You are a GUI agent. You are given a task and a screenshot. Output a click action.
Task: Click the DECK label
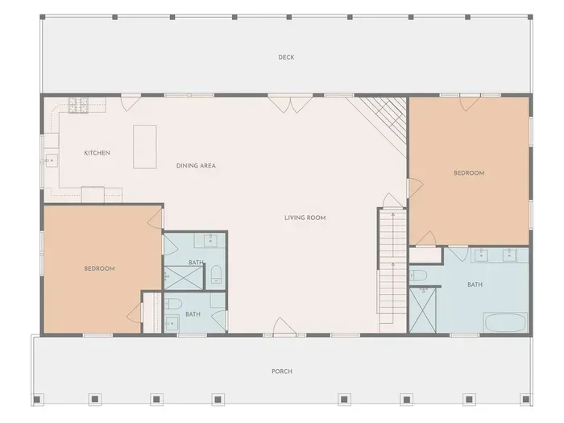pyautogui.click(x=286, y=57)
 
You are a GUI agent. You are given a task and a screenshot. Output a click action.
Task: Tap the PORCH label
pyautogui.click(x=282, y=371)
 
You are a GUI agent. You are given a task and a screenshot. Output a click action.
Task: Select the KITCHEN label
pyautogui.click(x=97, y=153)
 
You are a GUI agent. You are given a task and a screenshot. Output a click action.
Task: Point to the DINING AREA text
pyautogui.click(x=196, y=166)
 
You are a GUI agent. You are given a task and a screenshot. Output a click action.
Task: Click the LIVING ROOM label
pyautogui.click(x=305, y=218)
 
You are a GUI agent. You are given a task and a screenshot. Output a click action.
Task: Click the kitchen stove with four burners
pyautogui.click(x=78, y=105)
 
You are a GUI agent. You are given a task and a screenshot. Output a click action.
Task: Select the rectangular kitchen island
pyautogui.click(x=144, y=147)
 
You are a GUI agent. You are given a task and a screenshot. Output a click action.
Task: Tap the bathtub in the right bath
pyautogui.click(x=504, y=322)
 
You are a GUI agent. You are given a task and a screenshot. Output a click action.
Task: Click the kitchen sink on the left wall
pyautogui.click(x=51, y=160)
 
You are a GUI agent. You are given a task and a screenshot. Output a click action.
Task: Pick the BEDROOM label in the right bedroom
pyautogui.click(x=469, y=173)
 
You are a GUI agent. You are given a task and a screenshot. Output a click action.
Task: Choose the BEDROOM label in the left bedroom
pyautogui.click(x=99, y=268)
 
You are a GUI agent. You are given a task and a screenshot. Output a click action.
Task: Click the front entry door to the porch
pyautogui.click(x=284, y=327)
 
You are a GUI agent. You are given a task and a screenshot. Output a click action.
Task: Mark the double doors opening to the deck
pyautogui.click(x=291, y=104)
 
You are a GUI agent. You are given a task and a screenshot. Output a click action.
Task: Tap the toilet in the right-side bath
pyautogui.click(x=418, y=276)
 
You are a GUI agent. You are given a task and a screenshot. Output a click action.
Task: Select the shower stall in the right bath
pyautogui.click(x=423, y=309)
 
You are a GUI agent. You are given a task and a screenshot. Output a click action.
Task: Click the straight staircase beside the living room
pyautogui.click(x=393, y=271)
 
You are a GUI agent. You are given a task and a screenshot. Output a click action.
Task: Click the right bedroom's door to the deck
pyautogui.click(x=470, y=103)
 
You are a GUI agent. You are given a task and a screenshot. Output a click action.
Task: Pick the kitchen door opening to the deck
pyautogui.click(x=131, y=102)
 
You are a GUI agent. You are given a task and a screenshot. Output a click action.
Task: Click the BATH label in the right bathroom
pyautogui.click(x=475, y=285)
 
